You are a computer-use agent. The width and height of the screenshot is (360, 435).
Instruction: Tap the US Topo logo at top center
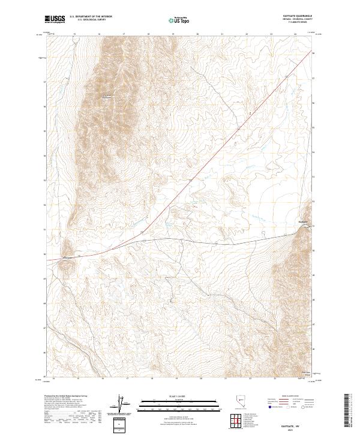tap(180, 20)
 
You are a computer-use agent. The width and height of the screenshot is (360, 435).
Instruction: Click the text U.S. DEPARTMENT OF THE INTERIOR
tap(91, 16)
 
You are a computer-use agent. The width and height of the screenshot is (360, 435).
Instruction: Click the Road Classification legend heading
tap(291, 397)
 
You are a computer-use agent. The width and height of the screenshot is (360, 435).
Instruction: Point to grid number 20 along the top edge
tap(197, 34)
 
